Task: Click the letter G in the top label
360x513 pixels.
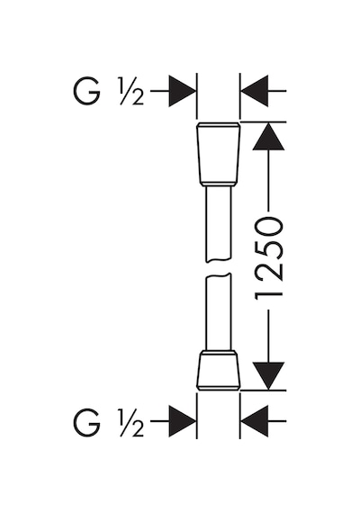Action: click(86, 91)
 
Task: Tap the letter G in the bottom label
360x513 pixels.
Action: click(86, 422)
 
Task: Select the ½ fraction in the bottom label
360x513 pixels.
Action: click(131, 423)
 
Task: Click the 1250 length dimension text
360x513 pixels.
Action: click(268, 258)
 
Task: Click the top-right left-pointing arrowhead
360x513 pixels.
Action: click(255, 91)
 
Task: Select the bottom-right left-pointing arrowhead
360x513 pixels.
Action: click(255, 421)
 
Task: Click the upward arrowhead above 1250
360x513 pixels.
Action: click(268, 136)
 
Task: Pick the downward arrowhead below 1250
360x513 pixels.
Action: click(268, 376)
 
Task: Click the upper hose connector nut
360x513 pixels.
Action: click(219, 155)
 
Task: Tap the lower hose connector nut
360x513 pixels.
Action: click(219, 370)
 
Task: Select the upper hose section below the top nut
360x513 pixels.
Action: click(219, 224)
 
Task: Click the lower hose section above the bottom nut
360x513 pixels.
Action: click(219, 313)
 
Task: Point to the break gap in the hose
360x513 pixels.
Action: click(219, 268)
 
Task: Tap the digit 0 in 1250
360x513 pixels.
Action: click(268, 226)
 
